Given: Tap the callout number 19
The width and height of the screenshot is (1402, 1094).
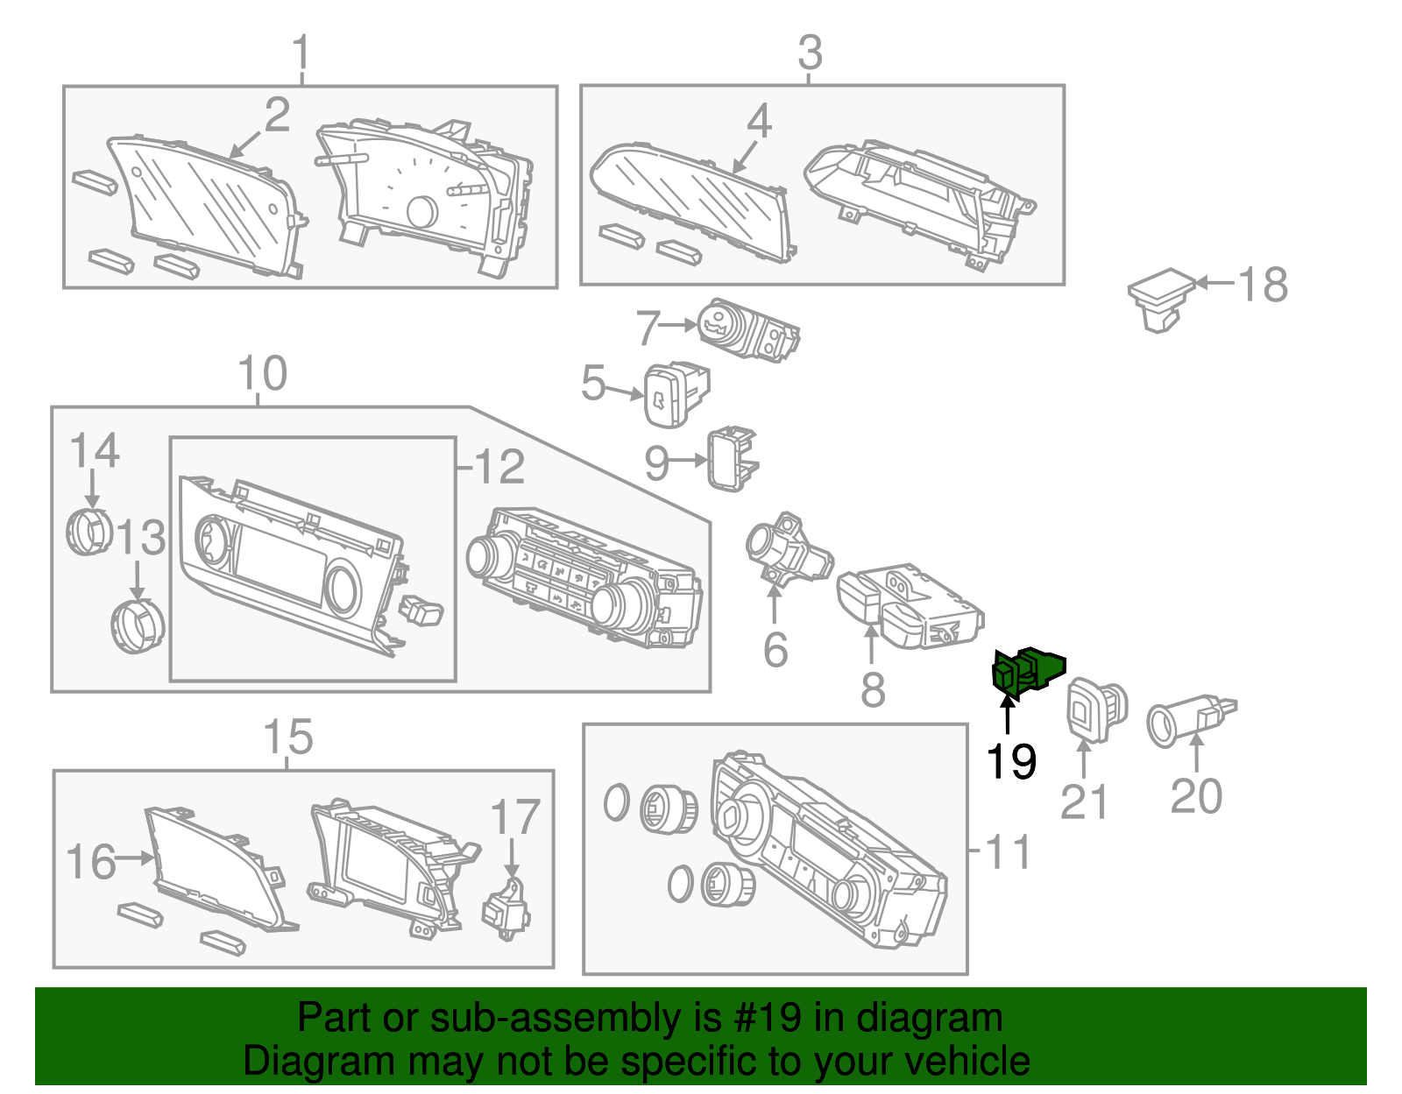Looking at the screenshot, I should point(1011,761).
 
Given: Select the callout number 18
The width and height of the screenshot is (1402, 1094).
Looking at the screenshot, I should point(1263,285).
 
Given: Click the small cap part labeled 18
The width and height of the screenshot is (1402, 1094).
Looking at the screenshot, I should point(1161,299).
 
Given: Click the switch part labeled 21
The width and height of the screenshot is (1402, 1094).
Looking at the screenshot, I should point(1094,709).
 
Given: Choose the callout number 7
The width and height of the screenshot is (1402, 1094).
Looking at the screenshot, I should point(648,328).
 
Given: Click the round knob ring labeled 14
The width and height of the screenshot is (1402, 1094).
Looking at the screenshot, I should point(89,532).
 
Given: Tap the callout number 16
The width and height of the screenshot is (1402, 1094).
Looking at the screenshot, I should point(90,862).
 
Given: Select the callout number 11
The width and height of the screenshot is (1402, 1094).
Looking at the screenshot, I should point(1009,851).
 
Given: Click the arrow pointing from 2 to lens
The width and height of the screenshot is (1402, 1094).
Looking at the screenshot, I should point(246,144).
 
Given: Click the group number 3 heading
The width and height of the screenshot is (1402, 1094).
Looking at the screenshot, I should point(810,53).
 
